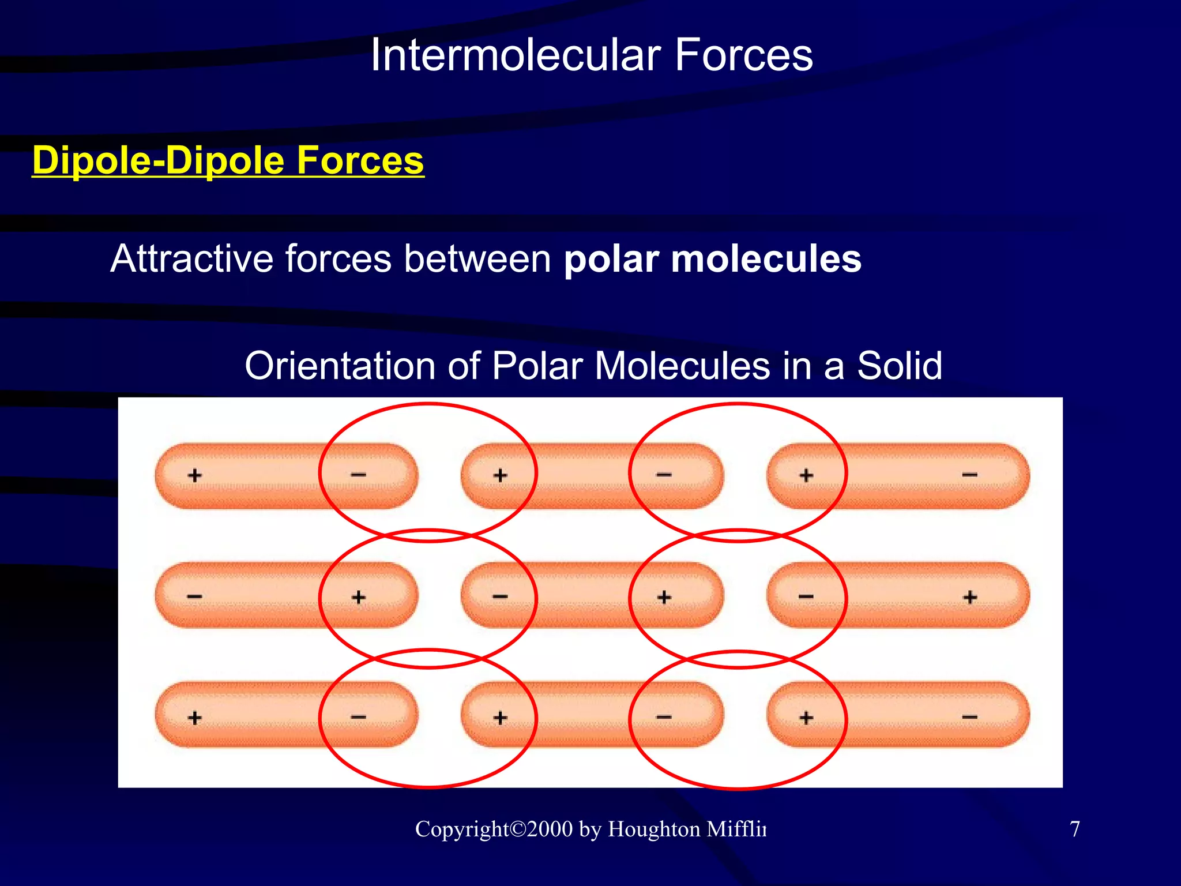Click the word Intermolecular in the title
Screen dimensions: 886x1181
click(x=515, y=55)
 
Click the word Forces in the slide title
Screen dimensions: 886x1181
click(x=743, y=55)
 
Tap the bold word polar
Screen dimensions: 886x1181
click(x=611, y=259)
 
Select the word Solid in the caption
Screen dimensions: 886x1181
click(x=900, y=366)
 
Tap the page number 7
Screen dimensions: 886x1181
click(x=1074, y=829)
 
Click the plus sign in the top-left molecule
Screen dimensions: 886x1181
click(x=195, y=475)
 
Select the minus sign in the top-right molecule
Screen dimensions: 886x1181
click(x=969, y=475)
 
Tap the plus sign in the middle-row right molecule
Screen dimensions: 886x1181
click(x=970, y=597)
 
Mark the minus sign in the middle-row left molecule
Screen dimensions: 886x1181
click(x=195, y=596)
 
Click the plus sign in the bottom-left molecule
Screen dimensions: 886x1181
click(x=195, y=718)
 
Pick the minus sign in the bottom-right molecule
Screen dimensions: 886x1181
click(x=969, y=717)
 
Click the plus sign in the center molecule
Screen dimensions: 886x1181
click(x=664, y=597)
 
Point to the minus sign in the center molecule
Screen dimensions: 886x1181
click(x=500, y=596)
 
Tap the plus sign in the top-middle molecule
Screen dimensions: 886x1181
click(x=500, y=475)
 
